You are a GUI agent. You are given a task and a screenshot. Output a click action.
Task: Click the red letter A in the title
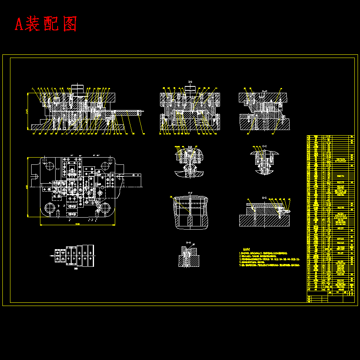(19, 24)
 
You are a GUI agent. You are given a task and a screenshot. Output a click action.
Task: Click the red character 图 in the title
(70, 24)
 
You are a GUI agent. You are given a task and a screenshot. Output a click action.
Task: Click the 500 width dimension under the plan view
(77, 224)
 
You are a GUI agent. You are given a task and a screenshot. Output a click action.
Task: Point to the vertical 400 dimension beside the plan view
(27, 186)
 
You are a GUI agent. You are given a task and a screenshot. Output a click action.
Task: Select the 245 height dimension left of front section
(27, 111)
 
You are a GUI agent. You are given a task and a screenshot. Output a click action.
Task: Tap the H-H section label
(188, 243)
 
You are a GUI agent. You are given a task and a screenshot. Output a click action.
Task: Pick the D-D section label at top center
(190, 82)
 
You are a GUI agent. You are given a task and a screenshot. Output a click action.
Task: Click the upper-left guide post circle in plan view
(49, 166)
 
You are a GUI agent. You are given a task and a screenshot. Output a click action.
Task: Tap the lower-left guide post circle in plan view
(50, 208)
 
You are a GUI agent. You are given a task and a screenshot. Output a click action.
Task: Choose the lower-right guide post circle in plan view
(105, 208)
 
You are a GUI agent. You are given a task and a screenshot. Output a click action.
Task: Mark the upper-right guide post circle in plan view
(106, 166)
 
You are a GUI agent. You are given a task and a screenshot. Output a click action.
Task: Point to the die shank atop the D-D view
(190, 89)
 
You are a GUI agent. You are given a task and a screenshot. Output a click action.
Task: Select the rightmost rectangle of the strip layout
(91, 256)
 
